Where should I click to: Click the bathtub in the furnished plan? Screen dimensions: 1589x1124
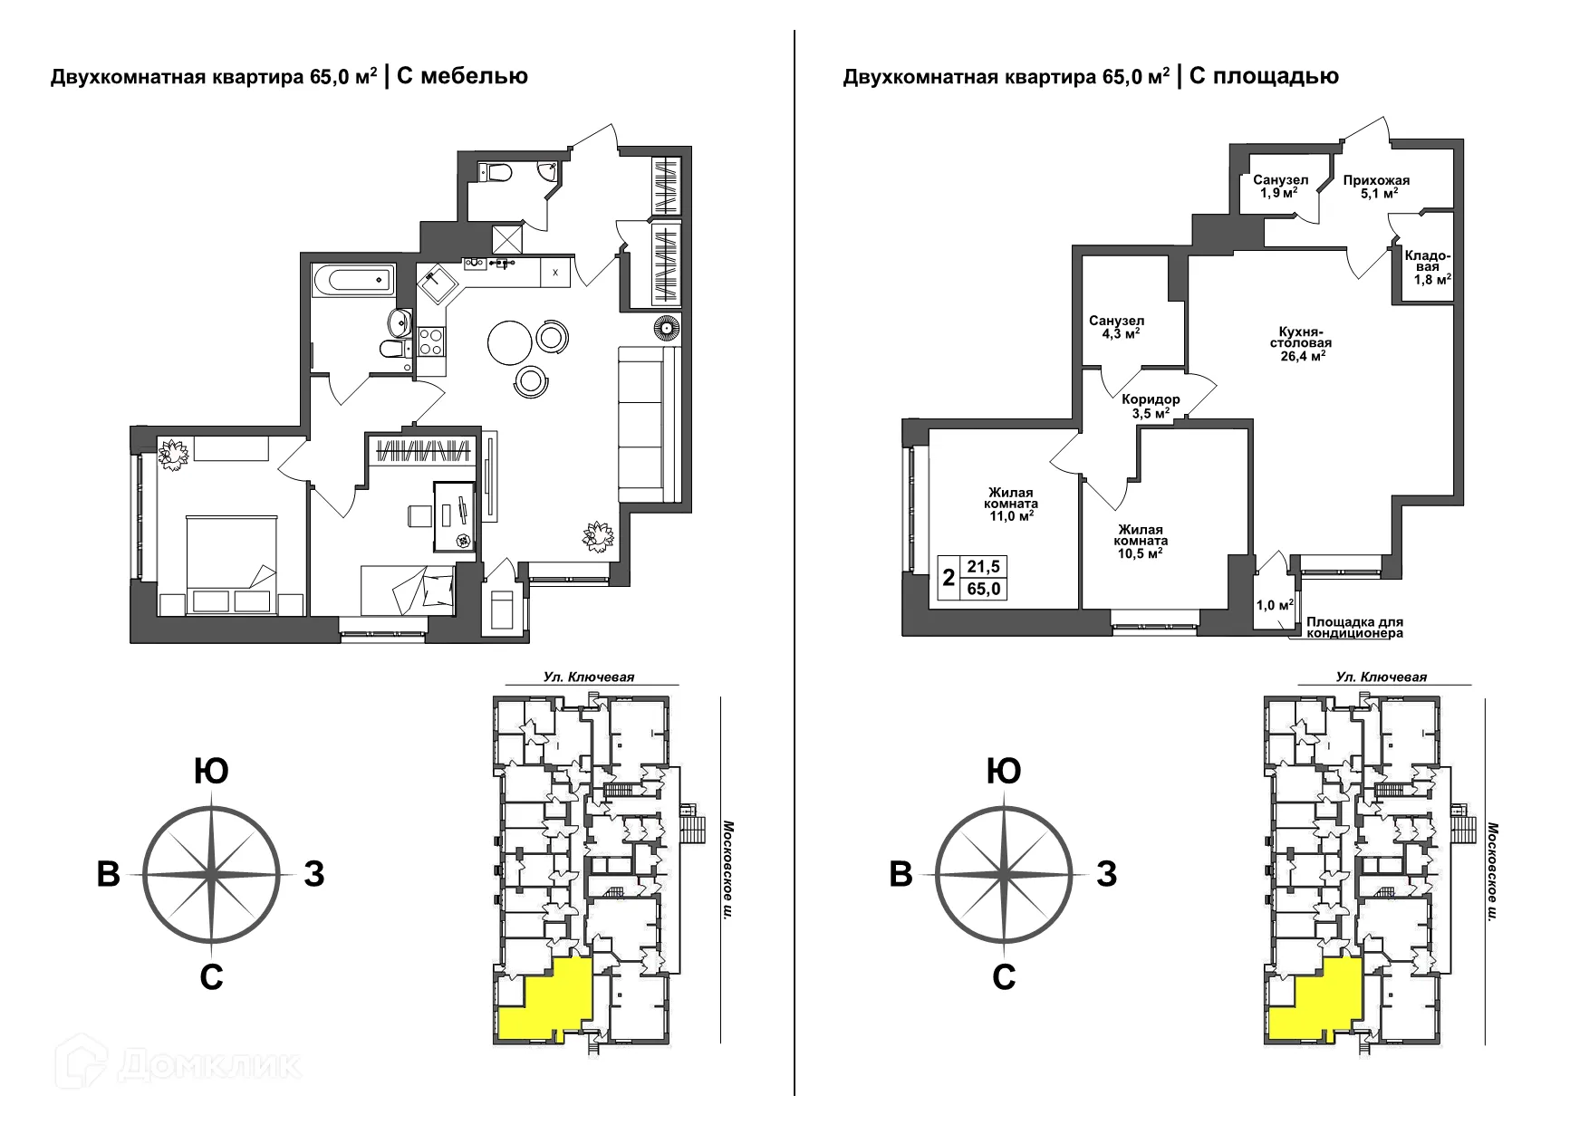point(353,279)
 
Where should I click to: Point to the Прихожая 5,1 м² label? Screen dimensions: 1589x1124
point(1376,187)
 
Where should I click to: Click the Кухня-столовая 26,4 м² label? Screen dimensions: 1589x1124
point(1300,343)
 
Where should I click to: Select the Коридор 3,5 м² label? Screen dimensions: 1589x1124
point(1150,406)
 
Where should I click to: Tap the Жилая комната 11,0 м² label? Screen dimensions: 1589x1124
point(1012,504)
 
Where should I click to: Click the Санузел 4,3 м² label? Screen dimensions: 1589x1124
point(1116,327)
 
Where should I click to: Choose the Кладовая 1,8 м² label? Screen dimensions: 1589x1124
point(1428,267)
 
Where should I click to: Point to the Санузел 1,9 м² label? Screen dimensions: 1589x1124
point(1280,187)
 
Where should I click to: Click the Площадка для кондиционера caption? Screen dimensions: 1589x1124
point(1354,628)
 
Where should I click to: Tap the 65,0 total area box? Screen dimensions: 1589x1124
point(984,589)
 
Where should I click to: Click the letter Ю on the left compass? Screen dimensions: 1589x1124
point(211,772)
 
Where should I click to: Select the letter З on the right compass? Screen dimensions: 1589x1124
point(1107,875)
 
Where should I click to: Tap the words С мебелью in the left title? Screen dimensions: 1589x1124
point(462,76)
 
